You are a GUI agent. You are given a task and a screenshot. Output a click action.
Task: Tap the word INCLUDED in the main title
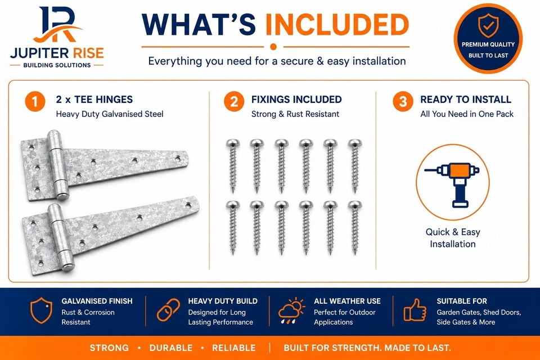tap(337, 25)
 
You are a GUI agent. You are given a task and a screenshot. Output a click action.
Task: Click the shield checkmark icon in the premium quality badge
tap(488, 25)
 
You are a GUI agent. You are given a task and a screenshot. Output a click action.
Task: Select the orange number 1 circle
tap(35, 102)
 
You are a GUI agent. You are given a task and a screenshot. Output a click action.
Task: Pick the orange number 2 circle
tap(234, 102)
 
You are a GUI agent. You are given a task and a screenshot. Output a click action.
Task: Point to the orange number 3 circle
tap(403, 102)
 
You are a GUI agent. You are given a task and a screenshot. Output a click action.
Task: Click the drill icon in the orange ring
tap(452, 184)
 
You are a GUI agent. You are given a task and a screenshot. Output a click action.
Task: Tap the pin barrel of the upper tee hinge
tap(57, 165)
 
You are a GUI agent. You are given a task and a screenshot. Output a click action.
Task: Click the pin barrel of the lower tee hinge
tap(61, 237)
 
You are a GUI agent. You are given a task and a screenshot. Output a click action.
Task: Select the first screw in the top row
tap(233, 166)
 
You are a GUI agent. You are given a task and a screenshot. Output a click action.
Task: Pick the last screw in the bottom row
tap(355, 228)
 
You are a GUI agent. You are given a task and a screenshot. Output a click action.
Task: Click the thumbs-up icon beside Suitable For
tap(415, 310)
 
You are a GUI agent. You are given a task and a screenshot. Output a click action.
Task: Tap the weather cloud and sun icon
tap(292, 310)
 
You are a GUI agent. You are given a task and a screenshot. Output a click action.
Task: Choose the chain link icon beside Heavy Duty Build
tap(168, 310)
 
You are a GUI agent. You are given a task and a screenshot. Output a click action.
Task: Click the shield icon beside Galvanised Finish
tap(41, 310)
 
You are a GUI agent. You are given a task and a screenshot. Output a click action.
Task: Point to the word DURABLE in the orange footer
tap(171, 348)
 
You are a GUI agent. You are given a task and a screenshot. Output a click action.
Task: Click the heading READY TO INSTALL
tap(466, 100)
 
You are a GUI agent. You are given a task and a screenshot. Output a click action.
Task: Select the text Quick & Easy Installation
tap(453, 238)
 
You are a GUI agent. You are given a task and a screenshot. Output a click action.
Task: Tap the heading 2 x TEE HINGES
tap(94, 100)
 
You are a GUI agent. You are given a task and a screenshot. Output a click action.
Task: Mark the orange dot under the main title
tap(273, 47)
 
